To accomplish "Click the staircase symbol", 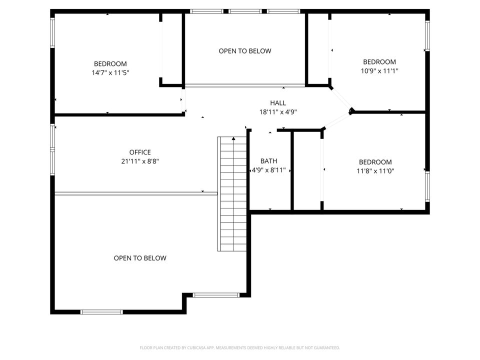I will point(233,193).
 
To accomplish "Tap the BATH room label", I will point(268,161).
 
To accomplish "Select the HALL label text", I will point(278,103).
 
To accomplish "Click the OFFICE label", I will point(140,152).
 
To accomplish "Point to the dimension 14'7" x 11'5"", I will point(110,72).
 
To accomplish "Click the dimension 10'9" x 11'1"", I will point(379,71).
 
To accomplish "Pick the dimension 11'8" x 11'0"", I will point(375,171).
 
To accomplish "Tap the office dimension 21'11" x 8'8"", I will point(140,161).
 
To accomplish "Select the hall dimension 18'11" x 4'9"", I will point(278,112).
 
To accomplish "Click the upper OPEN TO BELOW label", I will point(245,51).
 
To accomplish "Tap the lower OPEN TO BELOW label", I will point(140,258).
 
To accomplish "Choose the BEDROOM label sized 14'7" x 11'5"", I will point(110,63).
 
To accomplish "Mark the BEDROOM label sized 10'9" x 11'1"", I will point(379,62).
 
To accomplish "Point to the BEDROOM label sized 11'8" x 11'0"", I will point(375,162).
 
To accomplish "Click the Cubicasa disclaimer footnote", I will point(240,347).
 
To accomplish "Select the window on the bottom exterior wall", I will point(101,312).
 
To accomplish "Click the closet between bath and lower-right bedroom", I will point(306,170).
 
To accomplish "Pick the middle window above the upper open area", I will point(245,11).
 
